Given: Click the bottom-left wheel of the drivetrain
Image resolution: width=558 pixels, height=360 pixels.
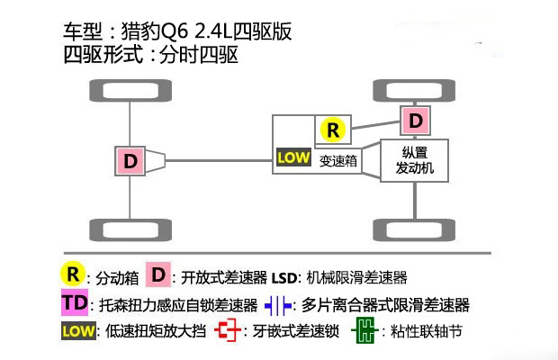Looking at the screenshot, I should pos(130,229).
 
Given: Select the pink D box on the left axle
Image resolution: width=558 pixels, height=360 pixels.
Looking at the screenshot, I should pos(130,161).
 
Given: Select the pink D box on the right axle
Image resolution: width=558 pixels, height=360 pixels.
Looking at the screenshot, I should pos(415,120).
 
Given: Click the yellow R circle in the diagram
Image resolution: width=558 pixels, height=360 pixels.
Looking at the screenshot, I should pos(334,130).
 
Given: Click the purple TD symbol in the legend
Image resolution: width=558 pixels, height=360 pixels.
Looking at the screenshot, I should pos(76,303).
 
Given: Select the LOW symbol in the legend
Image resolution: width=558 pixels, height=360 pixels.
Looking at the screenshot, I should pos(76,331).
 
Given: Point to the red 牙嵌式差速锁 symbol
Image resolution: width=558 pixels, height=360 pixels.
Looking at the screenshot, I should pos(229,331).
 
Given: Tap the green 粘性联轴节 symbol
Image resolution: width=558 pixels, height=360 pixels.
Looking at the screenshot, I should pos(363,331).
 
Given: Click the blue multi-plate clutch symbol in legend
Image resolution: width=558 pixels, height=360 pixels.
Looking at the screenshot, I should pos(275,304).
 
